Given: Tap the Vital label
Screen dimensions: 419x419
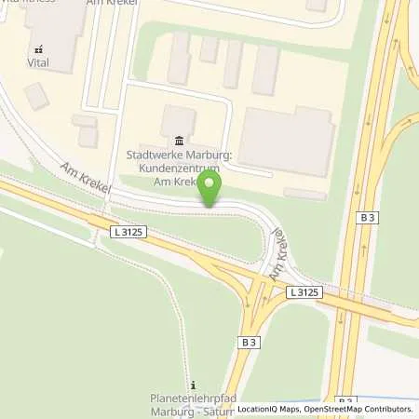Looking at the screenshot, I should click(x=37, y=64).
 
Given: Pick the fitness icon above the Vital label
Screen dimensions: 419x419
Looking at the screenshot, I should click(x=37, y=49).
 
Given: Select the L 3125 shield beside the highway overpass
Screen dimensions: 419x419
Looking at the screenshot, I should click(x=305, y=292).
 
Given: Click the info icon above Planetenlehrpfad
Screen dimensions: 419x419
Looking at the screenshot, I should click(x=193, y=385).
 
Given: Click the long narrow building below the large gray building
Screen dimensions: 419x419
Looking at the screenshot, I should click(x=304, y=194).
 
